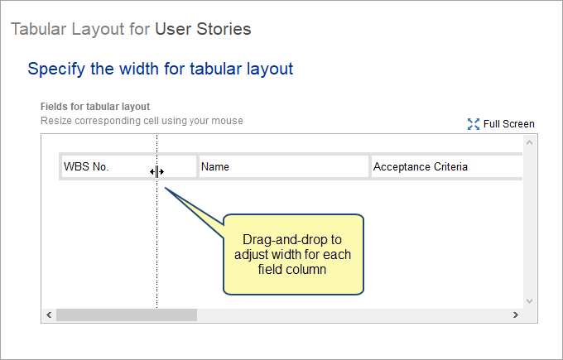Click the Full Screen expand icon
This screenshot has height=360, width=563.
pyautogui.click(x=474, y=124)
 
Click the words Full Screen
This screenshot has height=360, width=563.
pyautogui.click(x=509, y=124)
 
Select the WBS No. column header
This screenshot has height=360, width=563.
pyautogui.click(x=129, y=166)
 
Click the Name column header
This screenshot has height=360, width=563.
pyautogui.click(x=284, y=166)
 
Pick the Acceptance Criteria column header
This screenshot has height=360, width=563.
pyautogui.click(x=446, y=166)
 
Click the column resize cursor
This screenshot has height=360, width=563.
pyautogui.click(x=157, y=172)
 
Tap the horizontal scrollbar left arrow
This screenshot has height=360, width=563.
pyautogui.click(x=49, y=314)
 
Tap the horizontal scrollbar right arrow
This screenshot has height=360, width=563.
pyautogui.click(x=516, y=314)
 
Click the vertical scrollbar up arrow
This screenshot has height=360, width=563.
pyautogui.click(x=529, y=142)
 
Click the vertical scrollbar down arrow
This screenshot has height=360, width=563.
pyautogui.click(x=529, y=300)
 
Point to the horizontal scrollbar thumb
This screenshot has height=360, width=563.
pyautogui.click(x=127, y=314)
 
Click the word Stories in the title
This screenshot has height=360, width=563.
pyautogui.click(x=224, y=29)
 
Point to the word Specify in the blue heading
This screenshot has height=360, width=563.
pyautogui.click(x=56, y=69)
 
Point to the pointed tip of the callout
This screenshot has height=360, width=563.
pyautogui.click(x=165, y=187)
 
